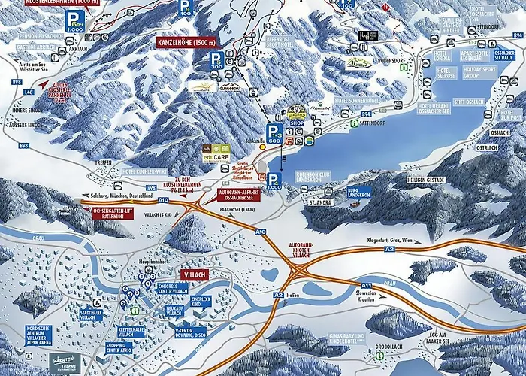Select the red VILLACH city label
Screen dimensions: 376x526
coord(193,275)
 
